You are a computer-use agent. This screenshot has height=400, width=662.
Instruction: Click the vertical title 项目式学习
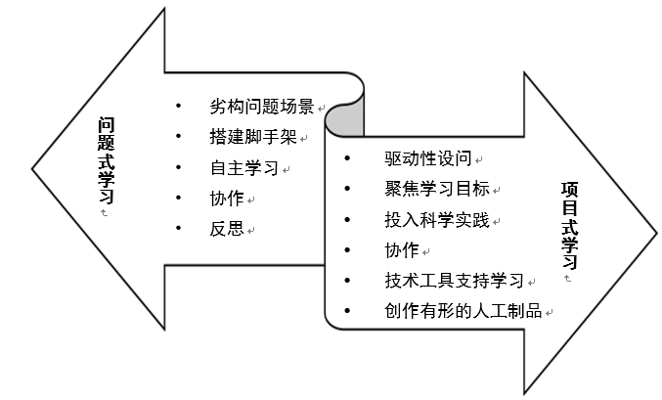click(x=570, y=226)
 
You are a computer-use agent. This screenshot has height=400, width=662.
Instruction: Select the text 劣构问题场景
click(x=262, y=107)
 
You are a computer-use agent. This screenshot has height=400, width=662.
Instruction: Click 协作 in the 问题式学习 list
click(x=227, y=198)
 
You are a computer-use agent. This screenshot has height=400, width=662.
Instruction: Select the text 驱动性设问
click(x=428, y=157)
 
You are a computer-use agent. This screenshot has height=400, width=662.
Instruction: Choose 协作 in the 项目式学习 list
click(x=402, y=249)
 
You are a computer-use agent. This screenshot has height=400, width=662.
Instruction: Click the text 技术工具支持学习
click(x=455, y=281)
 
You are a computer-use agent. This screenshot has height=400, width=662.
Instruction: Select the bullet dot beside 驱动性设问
click(x=347, y=157)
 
